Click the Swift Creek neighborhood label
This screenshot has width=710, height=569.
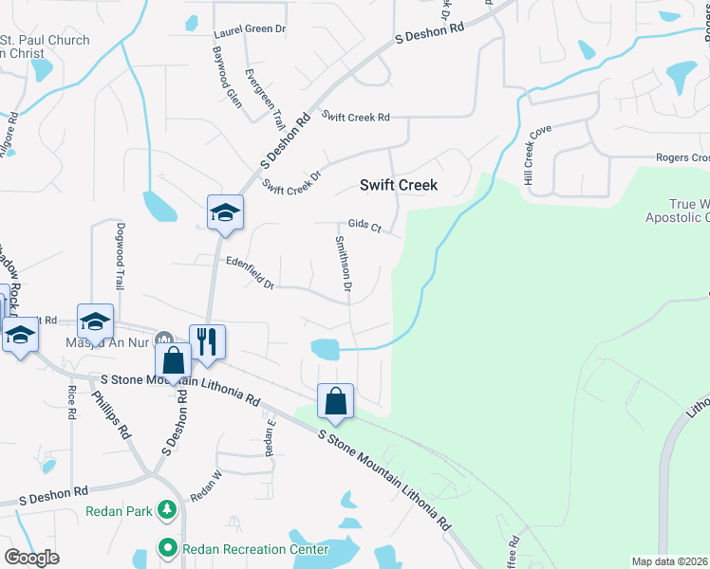point(398,185)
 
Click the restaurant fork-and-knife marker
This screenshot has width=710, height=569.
point(208,341)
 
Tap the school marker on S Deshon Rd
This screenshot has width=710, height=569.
point(225,212)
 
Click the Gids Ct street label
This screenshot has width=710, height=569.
point(364,228)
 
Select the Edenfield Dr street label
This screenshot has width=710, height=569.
point(250,272)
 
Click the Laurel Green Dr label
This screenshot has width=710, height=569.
point(250,29)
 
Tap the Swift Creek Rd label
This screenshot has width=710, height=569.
point(356,117)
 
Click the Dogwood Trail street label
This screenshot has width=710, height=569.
point(120,257)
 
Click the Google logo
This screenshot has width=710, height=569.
point(31,557)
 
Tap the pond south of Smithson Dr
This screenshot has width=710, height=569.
point(325,349)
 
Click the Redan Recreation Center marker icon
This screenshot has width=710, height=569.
point(167,547)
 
